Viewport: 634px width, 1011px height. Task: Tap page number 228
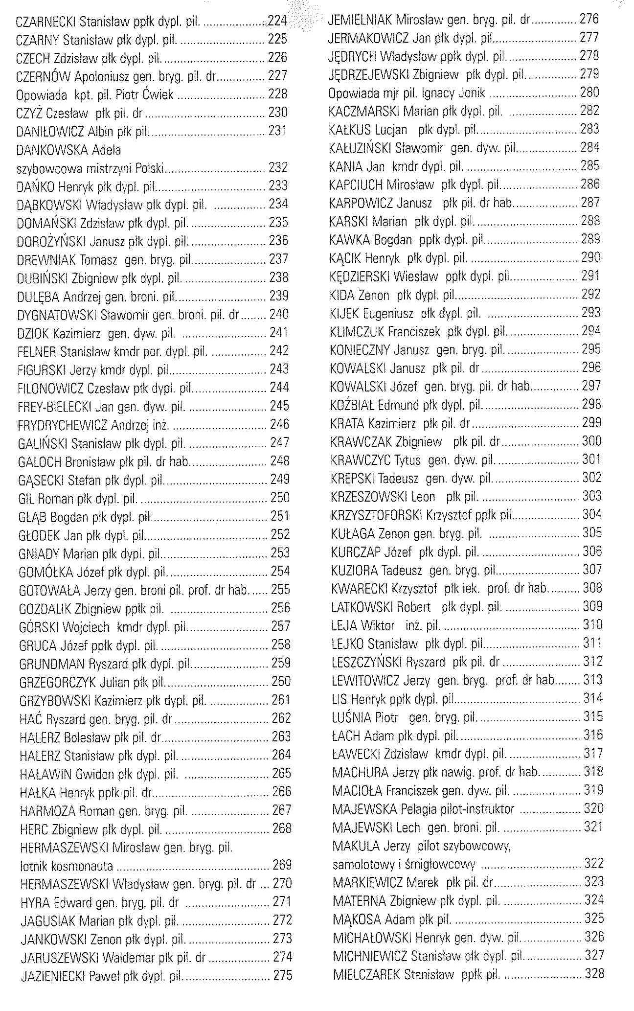pyautogui.click(x=277, y=94)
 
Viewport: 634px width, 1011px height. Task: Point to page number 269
pyautogui.click(x=282, y=865)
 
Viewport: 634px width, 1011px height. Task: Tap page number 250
pyautogui.click(x=280, y=498)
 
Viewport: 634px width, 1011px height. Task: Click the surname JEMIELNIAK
pyautogui.click(x=360, y=20)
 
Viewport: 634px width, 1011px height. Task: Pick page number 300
pyautogui.click(x=591, y=441)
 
